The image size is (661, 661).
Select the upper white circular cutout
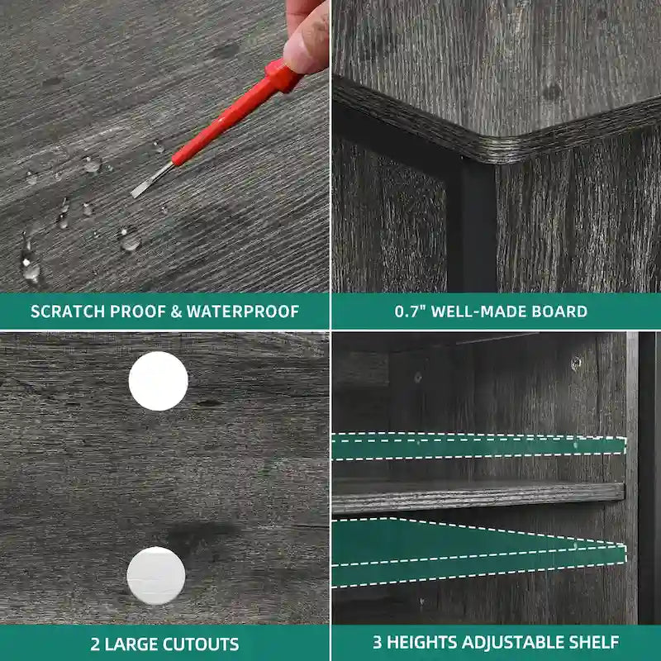tap(158, 381)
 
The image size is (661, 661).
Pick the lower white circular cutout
tap(156, 576)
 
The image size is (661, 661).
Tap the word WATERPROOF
tap(243, 311)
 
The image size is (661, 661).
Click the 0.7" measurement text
tap(408, 311)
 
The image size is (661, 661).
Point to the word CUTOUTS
tap(201, 644)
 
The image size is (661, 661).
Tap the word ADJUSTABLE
tap(511, 643)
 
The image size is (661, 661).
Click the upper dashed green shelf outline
tap(479, 446)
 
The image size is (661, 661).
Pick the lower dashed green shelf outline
tap(479, 552)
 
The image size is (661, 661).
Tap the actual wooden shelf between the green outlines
tap(478, 497)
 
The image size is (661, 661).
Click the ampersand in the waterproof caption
tap(176, 311)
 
